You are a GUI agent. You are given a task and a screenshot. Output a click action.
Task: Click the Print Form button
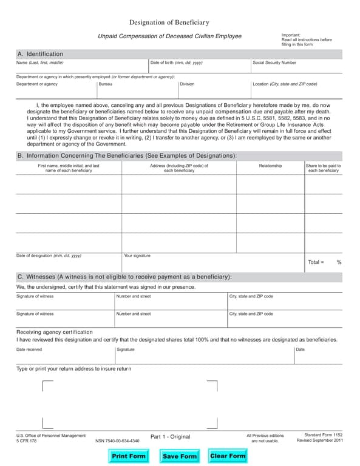[129, 456]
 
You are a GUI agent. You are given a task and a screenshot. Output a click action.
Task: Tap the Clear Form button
[227, 456]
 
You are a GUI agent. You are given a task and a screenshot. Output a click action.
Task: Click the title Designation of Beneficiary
[169, 22]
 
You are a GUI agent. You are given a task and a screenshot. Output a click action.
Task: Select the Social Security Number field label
[274, 62]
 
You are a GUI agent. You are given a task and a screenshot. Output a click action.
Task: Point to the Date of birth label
[176, 62]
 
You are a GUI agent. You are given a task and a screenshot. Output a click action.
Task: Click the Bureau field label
[105, 84]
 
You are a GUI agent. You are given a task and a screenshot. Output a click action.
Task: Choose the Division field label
[187, 84]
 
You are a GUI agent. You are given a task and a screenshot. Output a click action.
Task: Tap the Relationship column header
[270, 165]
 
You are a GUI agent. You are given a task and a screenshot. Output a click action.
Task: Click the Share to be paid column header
[323, 168]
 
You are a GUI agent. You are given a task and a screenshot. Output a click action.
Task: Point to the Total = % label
[324, 262]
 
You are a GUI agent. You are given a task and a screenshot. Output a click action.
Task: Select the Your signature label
[137, 255]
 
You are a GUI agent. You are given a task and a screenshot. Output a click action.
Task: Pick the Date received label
[29, 349]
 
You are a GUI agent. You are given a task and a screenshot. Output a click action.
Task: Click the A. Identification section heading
[40, 54]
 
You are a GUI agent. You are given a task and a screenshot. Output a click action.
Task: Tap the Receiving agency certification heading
[55, 332]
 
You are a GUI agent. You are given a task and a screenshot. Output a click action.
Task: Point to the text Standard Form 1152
[323, 434]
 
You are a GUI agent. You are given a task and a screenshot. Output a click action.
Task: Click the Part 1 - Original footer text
[170, 437]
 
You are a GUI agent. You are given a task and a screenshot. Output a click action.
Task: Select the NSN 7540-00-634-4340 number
[117, 441]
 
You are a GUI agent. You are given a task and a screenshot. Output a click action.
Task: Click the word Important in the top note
[291, 35]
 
